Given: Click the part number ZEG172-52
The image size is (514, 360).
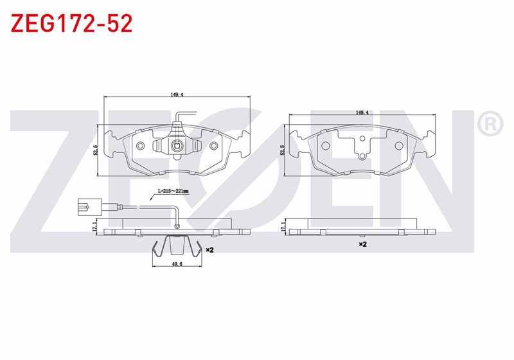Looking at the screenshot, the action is (72, 23).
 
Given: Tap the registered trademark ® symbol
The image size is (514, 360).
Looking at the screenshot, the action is (490, 123).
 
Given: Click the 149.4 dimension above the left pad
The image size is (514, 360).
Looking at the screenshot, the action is (176, 94).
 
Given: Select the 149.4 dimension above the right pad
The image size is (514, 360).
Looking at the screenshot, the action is (362, 113).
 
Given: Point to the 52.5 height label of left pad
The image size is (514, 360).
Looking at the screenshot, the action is (96, 150).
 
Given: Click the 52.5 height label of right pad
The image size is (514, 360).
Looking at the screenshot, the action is (281, 150).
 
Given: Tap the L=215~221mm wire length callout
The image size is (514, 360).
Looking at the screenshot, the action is (173, 190).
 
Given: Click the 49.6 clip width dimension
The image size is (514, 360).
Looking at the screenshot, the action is (177, 264).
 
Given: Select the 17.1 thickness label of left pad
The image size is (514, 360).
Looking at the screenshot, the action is (95, 226).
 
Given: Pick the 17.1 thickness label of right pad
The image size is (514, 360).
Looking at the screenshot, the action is (283, 226).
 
